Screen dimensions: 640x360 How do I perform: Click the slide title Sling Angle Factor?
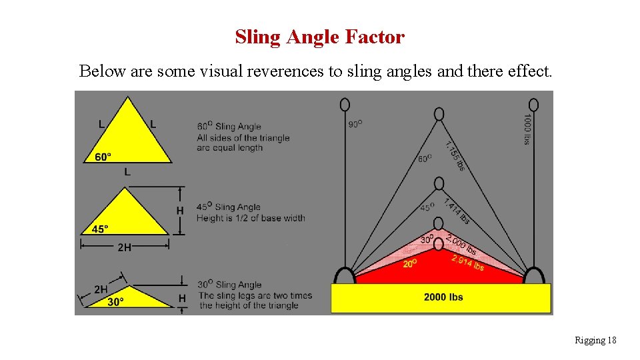pos(319,37)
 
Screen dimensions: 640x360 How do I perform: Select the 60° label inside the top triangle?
pos(103,157)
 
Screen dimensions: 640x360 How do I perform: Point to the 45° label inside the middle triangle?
pos(99,229)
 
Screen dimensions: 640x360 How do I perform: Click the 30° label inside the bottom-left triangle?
pos(116,301)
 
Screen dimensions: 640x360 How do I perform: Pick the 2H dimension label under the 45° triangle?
pos(124,247)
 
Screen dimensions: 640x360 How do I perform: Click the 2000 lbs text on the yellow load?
pos(443,297)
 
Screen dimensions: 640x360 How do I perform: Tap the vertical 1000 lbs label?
pos(527,129)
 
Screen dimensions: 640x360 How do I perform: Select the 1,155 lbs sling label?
pos(455,155)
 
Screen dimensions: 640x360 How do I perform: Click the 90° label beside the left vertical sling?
pos(355,124)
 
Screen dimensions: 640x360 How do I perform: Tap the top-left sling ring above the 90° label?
pos(345,105)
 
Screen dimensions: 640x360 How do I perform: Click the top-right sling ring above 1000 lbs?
pos(533,105)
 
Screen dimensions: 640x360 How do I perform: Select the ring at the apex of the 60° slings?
pos(439,114)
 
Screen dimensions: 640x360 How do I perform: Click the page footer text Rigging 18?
pos(595,341)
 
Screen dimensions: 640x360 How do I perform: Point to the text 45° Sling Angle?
pos(229,207)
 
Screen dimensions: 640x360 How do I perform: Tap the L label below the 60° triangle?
pos(127,172)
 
